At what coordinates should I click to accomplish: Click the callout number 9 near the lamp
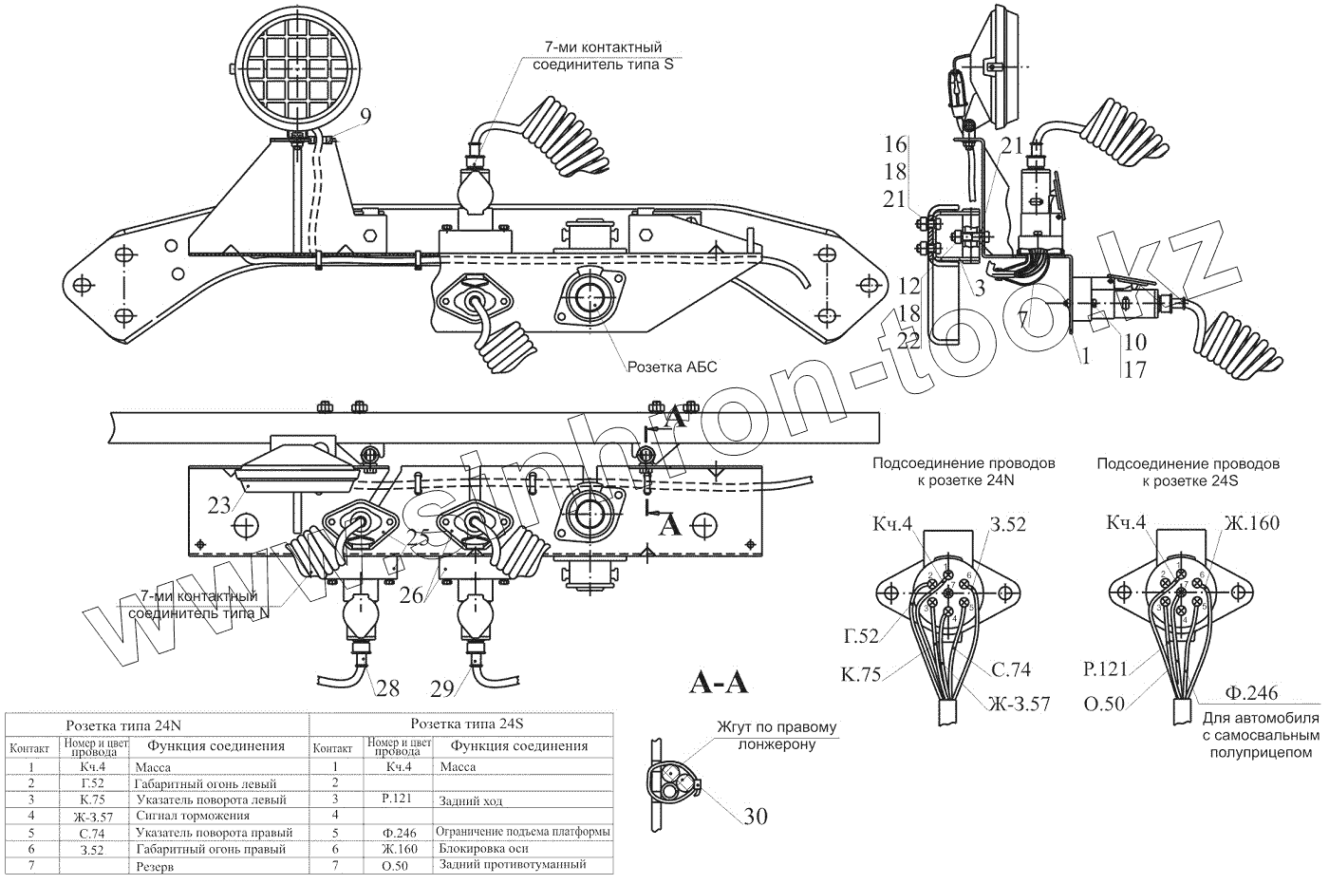tap(365, 116)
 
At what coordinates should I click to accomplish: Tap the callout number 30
tap(755, 816)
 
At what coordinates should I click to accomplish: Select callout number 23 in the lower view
tap(219, 505)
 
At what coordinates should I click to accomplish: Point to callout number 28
tap(387, 687)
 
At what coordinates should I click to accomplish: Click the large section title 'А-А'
tap(718, 683)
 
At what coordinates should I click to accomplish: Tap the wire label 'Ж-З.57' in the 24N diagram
tap(1019, 704)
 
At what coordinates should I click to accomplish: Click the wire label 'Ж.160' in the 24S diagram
tap(1252, 523)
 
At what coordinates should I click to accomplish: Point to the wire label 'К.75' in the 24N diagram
tap(861, 674)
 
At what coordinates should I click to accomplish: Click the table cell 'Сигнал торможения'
tap(193, 816)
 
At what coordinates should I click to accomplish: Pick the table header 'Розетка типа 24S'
tap(462, 724)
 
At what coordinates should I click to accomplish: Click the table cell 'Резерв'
tap(156, 866)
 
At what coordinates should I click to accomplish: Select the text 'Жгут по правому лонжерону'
tap(778, 736)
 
